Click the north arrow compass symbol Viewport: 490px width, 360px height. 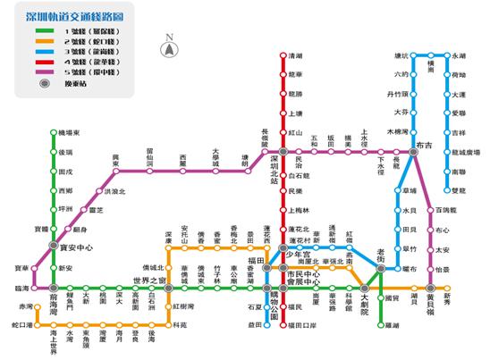click(168, 42)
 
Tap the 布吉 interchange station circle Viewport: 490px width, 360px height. click(413, 153)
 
